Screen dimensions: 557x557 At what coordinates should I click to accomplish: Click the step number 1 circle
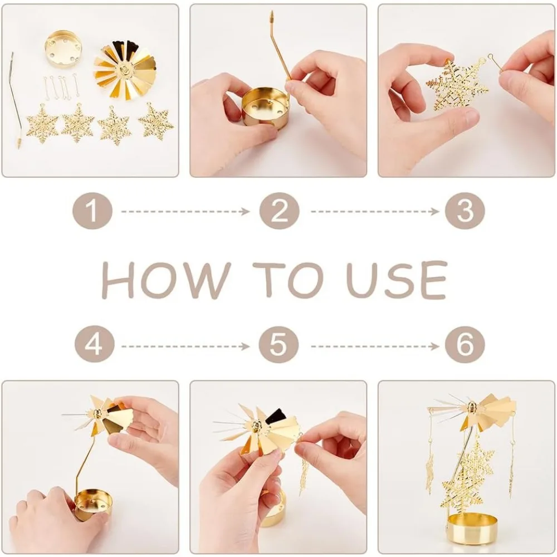tap(92, 211)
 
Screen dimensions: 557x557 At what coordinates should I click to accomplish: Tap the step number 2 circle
tap(279, 211)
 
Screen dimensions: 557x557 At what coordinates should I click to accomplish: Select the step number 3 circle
tap(465, 211)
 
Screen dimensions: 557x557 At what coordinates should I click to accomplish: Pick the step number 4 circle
tap(95, 345)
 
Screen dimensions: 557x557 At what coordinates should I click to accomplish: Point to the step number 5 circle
tap(278, 345)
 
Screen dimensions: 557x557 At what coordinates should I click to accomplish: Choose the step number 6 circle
tap(465, 345)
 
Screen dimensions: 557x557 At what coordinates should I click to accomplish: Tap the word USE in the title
tap(397, 280)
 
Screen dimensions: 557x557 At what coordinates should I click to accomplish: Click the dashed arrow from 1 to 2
tap(185, 212)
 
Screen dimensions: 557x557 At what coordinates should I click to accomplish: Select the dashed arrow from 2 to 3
tap(375, 212)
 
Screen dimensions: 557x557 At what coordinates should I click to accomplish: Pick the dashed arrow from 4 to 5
tap(185, 346)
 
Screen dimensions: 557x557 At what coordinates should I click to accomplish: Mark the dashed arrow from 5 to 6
tap(375, 346)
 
